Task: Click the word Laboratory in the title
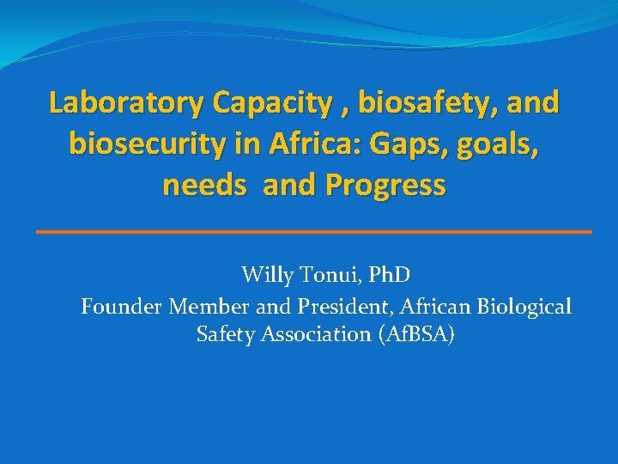127,103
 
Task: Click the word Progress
382,185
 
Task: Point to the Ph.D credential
388,276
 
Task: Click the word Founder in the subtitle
122,306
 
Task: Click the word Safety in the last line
225,334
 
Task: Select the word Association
317,334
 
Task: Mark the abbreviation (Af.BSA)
416,334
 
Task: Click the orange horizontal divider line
314,232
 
